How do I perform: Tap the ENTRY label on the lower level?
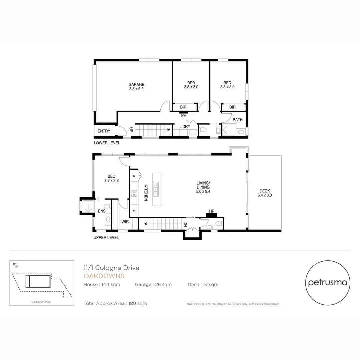pos(104,131)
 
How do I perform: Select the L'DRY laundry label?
pos(185,127)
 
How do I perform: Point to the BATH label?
pos(238,120)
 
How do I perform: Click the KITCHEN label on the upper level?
pos(146,193)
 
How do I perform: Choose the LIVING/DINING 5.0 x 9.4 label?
pos(203,187)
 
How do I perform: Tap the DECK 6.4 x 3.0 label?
pos(265,193)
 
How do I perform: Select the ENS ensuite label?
pos(102,211)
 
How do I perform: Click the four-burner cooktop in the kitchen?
pos(134,194)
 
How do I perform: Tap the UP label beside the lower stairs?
pos(131,130)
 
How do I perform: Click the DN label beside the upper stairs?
pos(186,224)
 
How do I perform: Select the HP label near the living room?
pos(211,211)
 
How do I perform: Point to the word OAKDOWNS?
pos(104,276)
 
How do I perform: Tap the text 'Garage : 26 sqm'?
pos(153,284)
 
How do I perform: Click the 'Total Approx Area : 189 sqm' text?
pos(115,303)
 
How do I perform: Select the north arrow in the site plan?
pos(15,265)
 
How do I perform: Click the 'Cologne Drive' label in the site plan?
pos(41,302)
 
